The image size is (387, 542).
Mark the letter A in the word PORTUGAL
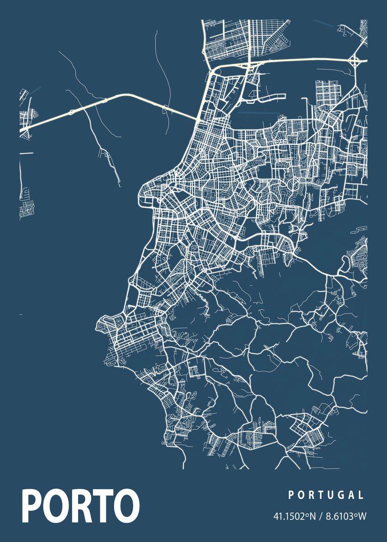pyautogui.click(x=352, y=495)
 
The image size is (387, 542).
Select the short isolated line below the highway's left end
pyautogui.click(x=26, y=153)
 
